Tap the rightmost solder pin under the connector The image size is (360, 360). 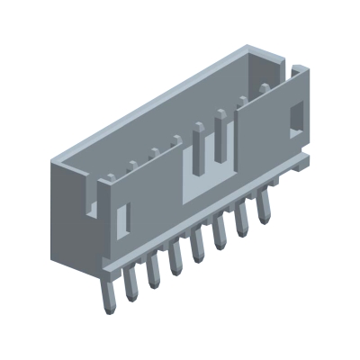pyautogui.click(x=264, y=208)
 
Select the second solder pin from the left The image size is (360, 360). pyautogui.click(x=131, y=283)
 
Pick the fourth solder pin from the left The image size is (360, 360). pyautogui.click(x=176, y=258)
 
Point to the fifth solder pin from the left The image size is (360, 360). pyautogui.click(x=198, y=246)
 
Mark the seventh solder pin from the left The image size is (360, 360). pyautogui.click(x=242, y=220)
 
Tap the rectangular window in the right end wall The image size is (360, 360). pyautogui.click(x=296, y=118)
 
